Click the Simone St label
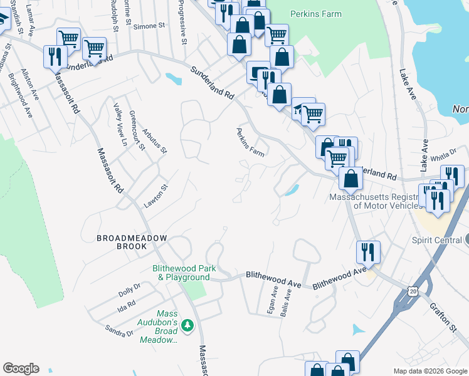pyautogui.click(x=152, y=26)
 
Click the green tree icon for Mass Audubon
pyautogui.click(x=187, y=325)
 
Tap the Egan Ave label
pyautogui.click(x=272, y=301)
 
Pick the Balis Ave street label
pyautogui.click(x=287, y=303)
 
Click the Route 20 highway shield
pyautogui.click(x=412, y=291)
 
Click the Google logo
pyautogui.click(x=21, y=368)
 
